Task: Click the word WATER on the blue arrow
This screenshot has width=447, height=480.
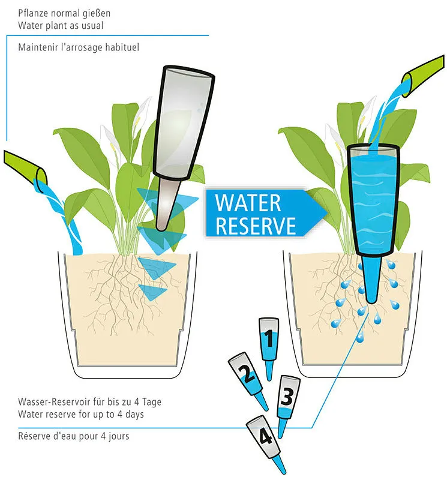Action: tap(248, 203)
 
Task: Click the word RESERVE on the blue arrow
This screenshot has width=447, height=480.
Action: tap(256, 226)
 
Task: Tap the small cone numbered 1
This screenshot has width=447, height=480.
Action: tap(269, 349)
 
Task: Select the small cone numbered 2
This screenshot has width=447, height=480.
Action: tap(248, 380)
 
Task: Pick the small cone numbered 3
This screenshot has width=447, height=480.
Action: tap(287, 406)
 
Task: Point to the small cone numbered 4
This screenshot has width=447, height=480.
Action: tap(266, 445)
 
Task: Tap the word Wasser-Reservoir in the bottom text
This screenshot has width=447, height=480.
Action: tap(55, 401)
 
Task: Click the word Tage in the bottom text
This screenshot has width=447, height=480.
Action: tap(151, 402)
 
